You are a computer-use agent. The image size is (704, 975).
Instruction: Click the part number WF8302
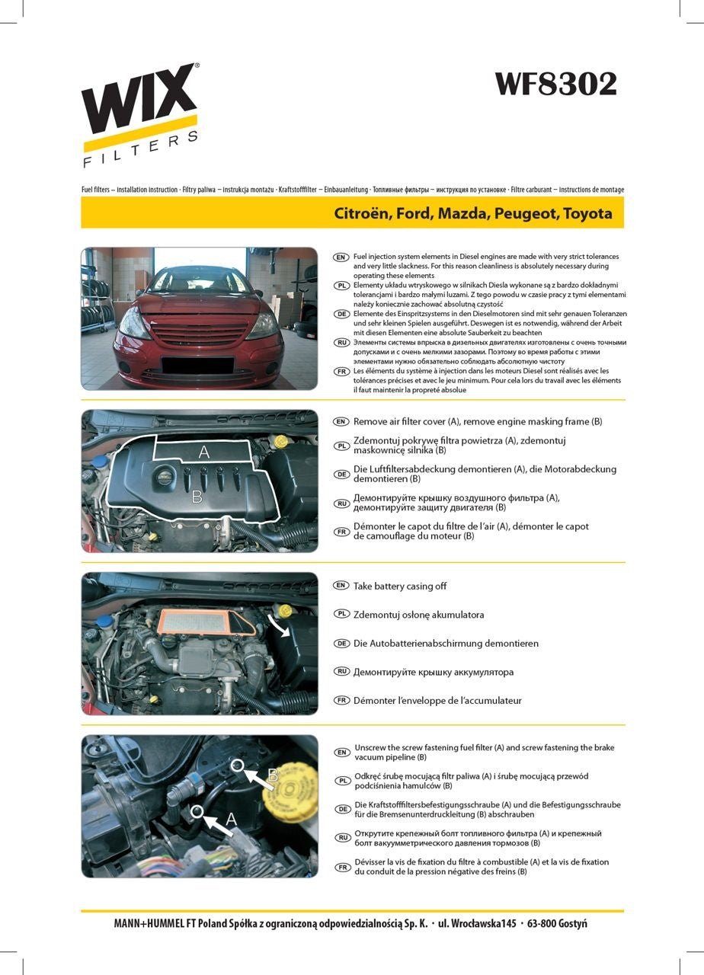coord(556,84)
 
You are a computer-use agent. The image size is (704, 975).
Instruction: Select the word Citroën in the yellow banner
coord(362,213)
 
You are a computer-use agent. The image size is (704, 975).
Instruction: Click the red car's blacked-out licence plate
coord(197,365)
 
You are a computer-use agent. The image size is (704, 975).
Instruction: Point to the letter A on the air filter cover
coord(203,452)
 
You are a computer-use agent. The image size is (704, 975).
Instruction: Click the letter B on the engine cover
coord(197,497)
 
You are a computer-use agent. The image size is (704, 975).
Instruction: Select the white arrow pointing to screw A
coord(219,825)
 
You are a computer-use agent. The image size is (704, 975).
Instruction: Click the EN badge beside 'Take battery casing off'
coord(342,586)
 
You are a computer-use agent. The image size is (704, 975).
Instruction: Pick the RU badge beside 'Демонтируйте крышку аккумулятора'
coord(342,671)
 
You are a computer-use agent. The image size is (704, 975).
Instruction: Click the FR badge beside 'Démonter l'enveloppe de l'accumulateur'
coord(342,700)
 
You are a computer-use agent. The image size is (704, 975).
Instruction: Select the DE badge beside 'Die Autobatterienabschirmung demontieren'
coord(342,643)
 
